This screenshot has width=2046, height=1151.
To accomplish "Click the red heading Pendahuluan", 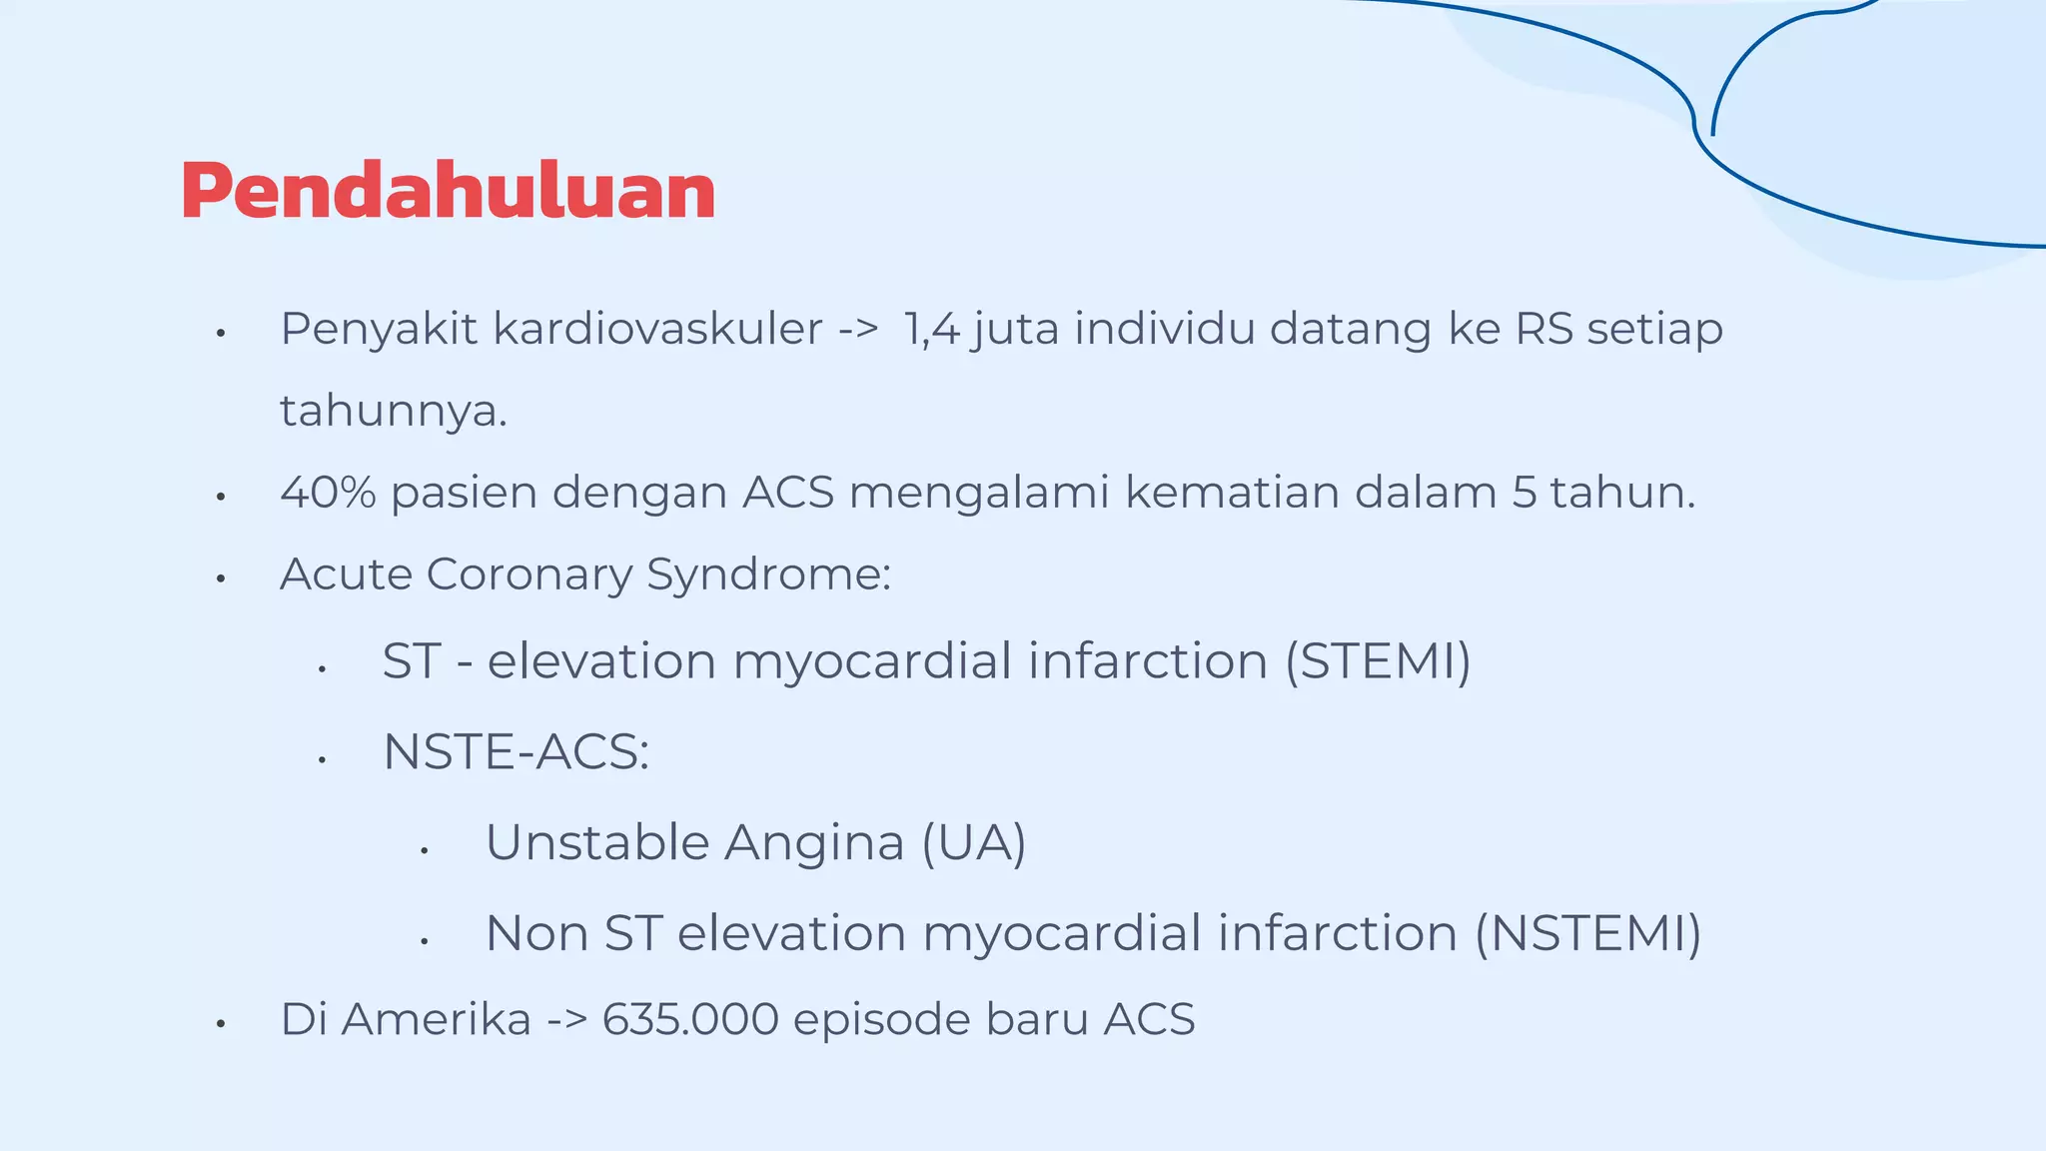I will (448, 191).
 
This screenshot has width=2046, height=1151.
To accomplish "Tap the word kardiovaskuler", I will (657, 329).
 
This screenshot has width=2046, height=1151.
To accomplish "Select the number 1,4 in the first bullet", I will (931, 330).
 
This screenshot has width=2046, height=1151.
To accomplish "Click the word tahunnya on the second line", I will (393, 412).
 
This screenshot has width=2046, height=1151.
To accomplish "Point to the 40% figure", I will (328, 493).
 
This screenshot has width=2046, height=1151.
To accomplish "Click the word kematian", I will (1231, 493).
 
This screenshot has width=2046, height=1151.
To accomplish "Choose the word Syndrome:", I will (768, 575).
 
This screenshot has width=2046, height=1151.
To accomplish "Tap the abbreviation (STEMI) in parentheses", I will (1378, 661).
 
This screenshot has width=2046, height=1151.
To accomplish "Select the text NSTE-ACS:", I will (515, 752).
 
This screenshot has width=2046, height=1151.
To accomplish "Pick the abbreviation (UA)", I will (973, 843).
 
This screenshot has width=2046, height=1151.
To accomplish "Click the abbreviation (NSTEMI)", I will (1587, 934).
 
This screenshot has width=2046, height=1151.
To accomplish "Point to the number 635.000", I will (690, 1020).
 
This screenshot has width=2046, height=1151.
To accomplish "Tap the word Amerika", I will (436, 1020).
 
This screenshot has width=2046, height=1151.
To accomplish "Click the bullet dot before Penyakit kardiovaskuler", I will (221, 334).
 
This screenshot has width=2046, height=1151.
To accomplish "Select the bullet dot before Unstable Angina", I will (425, 850).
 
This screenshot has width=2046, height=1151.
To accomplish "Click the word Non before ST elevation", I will (536, 934).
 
